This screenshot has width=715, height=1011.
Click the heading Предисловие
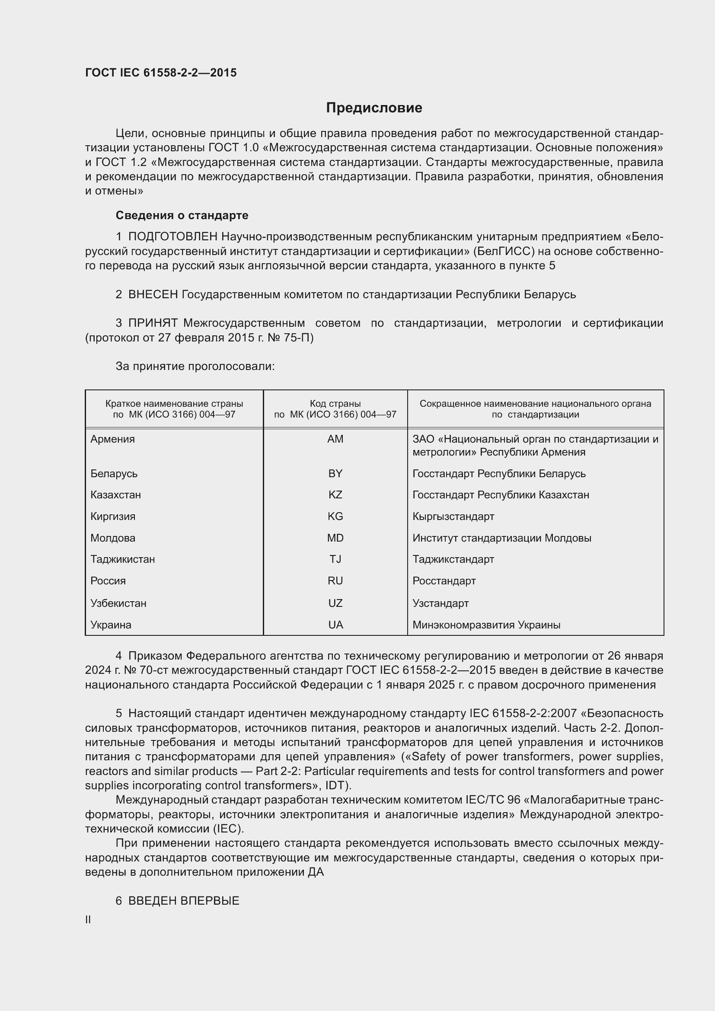[374, 108]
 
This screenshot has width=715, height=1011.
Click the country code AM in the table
[335, 439]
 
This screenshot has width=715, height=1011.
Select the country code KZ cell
[335, 495]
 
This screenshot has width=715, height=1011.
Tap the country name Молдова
[113, 538]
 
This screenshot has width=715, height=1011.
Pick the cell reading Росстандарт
[444, 581]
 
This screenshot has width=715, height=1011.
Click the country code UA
[335, 625]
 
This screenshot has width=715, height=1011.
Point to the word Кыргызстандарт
[453, 517]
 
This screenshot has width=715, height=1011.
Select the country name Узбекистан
[118, 603]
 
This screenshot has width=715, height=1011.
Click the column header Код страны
[335, 404]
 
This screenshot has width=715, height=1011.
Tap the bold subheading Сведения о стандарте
[182, 215]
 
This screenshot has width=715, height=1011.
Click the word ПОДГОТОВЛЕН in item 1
[172, 237]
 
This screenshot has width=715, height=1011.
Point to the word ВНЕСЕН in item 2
[153, 295]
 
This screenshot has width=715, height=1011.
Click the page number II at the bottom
[88, 920]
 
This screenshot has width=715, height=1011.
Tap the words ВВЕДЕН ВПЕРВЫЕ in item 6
[184, 901]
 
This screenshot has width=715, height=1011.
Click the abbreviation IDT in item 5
[336, 785]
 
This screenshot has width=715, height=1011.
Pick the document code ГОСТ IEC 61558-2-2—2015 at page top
[161, 73]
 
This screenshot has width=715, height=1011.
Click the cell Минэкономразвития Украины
[486, 625]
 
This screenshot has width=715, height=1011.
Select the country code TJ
[335, 559]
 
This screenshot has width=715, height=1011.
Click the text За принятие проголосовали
[195, 367]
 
